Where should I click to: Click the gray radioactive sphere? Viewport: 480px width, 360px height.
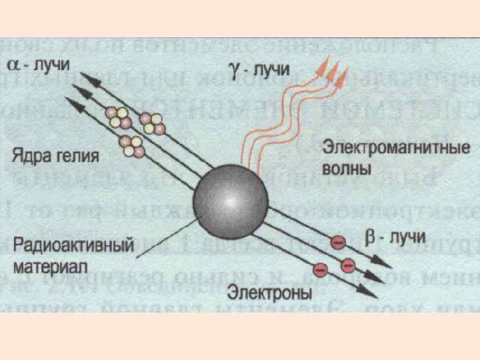231,199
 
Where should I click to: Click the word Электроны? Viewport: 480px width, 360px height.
269,293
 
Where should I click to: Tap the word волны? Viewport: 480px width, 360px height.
345,168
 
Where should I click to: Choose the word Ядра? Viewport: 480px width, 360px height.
33,157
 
